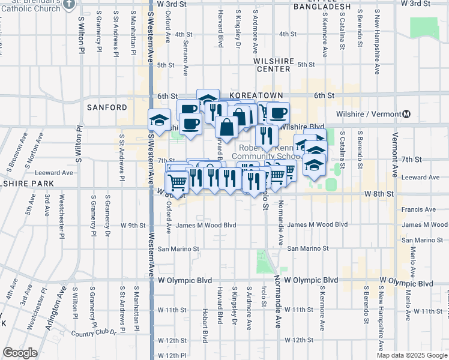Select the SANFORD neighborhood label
(107, 107)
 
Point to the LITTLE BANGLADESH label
(322, 6)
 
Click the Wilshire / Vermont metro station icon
(407, 114)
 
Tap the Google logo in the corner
(20, 353)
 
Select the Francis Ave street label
(417, 210)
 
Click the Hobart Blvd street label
(205, 330)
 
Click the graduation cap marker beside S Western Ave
(159, 121)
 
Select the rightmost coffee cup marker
(277, 112)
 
